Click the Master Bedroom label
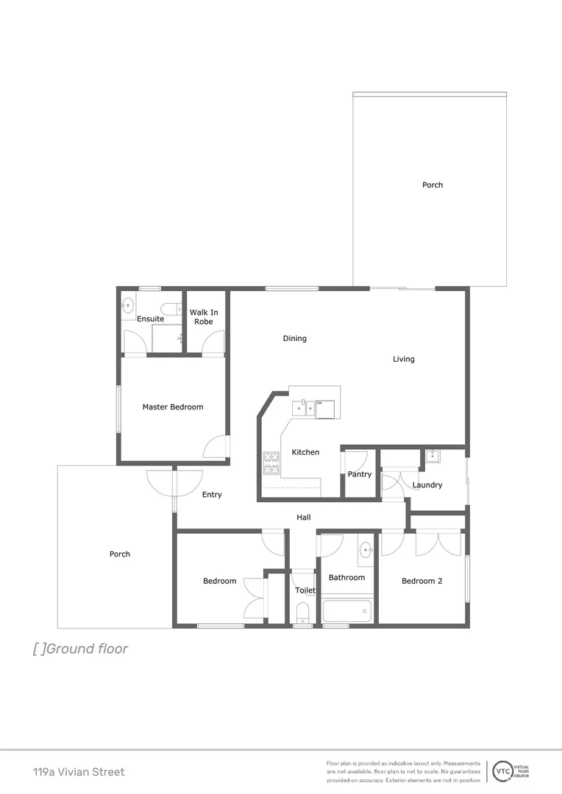click(173, 407)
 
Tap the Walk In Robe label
click(204, 317)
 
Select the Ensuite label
click(150, 319)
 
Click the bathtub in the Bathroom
click(347, 611)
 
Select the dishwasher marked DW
click(325, 408)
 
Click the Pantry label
click(360, 474)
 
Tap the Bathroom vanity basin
click(366, 549)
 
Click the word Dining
click(294, 339)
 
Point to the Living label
click(403, 360)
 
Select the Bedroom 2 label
click(421, 581)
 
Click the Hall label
click(303, 518)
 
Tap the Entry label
click(212, 495)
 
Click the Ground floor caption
click(80, 648)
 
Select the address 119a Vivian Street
click(79, 772)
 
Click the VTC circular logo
click(503, 770)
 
